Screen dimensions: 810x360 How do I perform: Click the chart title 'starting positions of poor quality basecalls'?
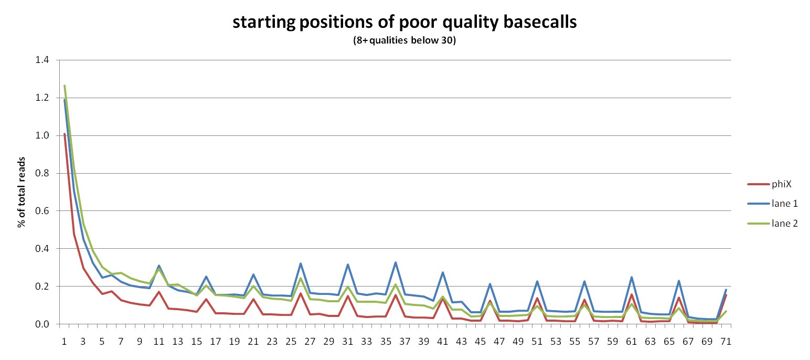404,23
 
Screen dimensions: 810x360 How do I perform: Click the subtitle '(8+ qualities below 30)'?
404,40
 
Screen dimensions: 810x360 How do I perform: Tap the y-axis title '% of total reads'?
22,192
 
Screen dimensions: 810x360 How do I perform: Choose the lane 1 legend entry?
772,204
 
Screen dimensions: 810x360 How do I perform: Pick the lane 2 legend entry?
772,224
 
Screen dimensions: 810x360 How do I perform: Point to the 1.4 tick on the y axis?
42,60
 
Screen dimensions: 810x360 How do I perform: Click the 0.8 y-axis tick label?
42,173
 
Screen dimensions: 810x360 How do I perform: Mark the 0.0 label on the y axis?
42,324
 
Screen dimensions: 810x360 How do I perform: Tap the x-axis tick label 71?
726,342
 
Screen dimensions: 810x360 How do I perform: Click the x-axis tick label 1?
65,342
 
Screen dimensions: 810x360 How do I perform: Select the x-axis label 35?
386,342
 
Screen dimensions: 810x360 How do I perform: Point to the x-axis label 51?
537,342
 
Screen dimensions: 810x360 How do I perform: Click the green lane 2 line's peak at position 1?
65,86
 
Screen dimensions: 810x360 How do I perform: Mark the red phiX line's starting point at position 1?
65,134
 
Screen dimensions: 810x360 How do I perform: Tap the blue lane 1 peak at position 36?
395,262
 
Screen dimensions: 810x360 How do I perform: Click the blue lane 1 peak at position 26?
301,263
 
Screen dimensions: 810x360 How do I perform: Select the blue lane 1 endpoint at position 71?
726,290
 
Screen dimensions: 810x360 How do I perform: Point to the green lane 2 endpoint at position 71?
726,312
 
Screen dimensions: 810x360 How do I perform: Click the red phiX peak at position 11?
159,292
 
